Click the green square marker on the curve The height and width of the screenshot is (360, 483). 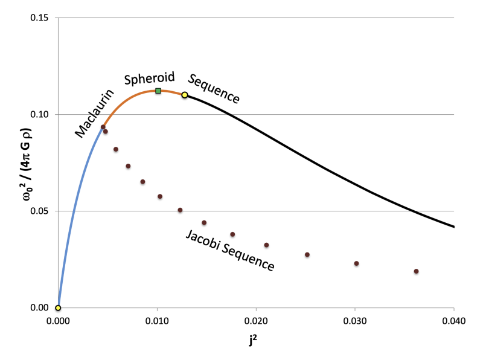pos(158,91)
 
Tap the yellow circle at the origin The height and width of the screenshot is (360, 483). pos(58,307)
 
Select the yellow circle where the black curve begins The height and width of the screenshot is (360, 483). pos(184,95)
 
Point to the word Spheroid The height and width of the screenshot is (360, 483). pos(149,78)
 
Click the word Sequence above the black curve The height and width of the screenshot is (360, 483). pos(214,88)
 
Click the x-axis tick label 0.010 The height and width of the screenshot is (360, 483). pos(157,320)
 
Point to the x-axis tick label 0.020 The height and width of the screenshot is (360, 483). pos(256,320)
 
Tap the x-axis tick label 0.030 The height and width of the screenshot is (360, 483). pos(355,320)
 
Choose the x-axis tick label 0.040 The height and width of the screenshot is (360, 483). pos(453,320)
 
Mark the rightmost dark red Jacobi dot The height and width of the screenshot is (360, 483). pos(416,271)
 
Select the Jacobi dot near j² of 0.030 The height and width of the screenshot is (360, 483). pos(356,263)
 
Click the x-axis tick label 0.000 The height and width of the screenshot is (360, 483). pos(58,320)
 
